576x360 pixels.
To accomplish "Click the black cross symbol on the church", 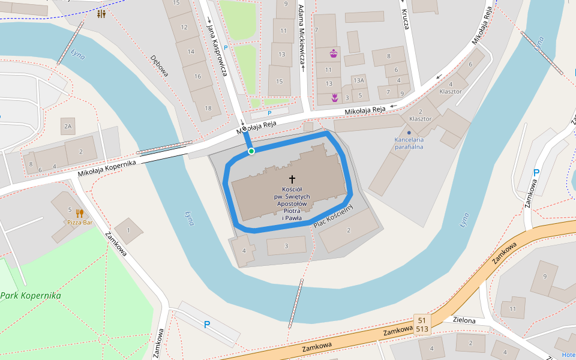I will (x=292, y=179).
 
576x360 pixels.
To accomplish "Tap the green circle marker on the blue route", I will (x=251, y=151).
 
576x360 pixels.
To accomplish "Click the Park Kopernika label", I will (x=31, y=296).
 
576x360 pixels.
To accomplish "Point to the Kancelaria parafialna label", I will (x=409, y=143).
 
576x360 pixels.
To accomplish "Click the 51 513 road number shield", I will (x=422, y=325).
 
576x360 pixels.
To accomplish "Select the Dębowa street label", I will (x=160, y=66).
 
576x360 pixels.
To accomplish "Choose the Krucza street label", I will (x=405, y=19).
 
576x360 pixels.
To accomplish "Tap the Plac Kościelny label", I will (x=334, y=216).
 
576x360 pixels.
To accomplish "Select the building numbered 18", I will (x=208, y=108).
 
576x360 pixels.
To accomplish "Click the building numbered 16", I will (x=198, y=76).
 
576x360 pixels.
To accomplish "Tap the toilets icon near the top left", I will (x=101, y=14).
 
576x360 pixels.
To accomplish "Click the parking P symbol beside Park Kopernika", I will (x=207, y=325).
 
